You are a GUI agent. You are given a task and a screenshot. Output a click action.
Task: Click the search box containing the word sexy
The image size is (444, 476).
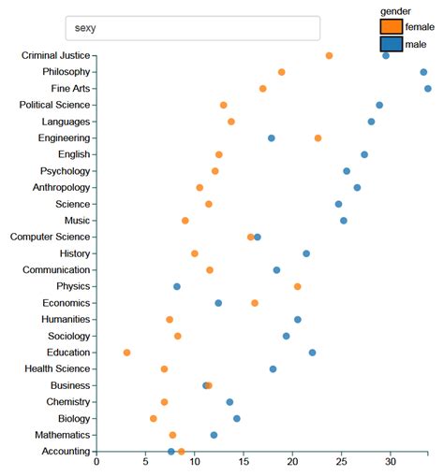[192, 28]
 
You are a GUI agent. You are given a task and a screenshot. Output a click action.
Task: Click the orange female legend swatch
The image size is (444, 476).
[391, 26]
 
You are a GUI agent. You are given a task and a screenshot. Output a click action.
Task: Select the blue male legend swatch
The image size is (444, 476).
[391, 44]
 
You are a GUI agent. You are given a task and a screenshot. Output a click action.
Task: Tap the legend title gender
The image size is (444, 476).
[395, 9]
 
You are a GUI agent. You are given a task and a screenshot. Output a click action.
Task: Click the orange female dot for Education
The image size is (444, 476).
[126, 353]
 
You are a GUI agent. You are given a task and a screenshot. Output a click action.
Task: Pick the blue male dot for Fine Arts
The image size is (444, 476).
[427, 89]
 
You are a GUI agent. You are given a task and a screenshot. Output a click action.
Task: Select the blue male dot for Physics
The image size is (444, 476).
[176, 286]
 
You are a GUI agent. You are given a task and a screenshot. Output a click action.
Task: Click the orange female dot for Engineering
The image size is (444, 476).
[318, 138]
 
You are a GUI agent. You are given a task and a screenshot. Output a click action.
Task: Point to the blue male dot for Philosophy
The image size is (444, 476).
[423, 72]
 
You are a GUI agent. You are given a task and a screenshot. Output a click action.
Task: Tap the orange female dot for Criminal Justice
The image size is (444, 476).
[329, 56]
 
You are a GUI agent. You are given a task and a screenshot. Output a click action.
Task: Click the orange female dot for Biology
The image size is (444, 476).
[154, 418]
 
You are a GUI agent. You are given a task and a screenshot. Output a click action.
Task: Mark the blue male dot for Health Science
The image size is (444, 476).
[273, 368]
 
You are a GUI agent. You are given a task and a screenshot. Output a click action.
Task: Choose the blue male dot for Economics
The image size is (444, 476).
[218, 303]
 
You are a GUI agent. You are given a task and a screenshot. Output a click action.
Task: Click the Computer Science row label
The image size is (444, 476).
[50, 237]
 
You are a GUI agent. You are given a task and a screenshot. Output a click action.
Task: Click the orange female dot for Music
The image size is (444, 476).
[185, 221]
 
